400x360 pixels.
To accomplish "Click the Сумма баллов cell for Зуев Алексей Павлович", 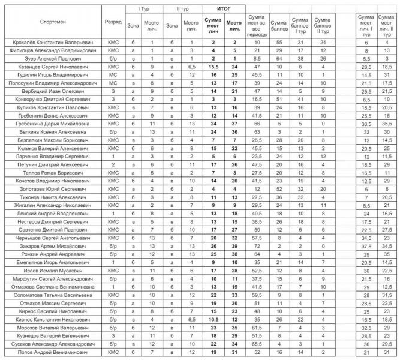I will [279, 59].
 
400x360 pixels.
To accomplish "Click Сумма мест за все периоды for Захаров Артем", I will [257, 246].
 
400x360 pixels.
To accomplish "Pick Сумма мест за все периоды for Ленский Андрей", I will [257, 213].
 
